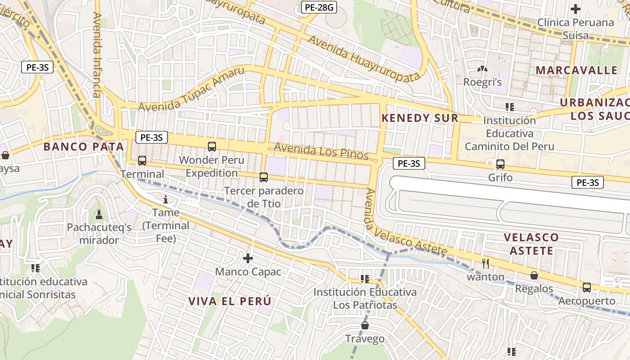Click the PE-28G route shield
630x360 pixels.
(319, 7)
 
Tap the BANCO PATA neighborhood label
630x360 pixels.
(83, 146)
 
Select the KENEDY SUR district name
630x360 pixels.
(420, 118)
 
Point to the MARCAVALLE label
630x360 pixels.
(576, 70)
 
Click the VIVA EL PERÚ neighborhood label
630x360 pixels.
(230, 301)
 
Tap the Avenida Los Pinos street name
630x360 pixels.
(321, 151)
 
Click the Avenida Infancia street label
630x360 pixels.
(97, 55)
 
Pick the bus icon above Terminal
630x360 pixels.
(142, 160)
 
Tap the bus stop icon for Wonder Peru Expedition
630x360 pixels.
(212, 146)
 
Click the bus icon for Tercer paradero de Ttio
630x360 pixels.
(264, 177)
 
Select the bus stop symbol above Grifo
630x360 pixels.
(500, 164)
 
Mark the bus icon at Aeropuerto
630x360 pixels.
(586, 287)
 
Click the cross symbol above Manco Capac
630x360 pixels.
(247, 258)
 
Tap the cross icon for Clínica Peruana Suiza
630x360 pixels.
(575, 9)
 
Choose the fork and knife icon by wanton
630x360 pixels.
(485, 263)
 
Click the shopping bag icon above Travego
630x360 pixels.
(365, 325)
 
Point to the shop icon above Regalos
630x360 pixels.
(534, 275)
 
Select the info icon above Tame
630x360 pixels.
(166, 199)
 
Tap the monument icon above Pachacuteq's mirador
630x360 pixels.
(99, 213)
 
